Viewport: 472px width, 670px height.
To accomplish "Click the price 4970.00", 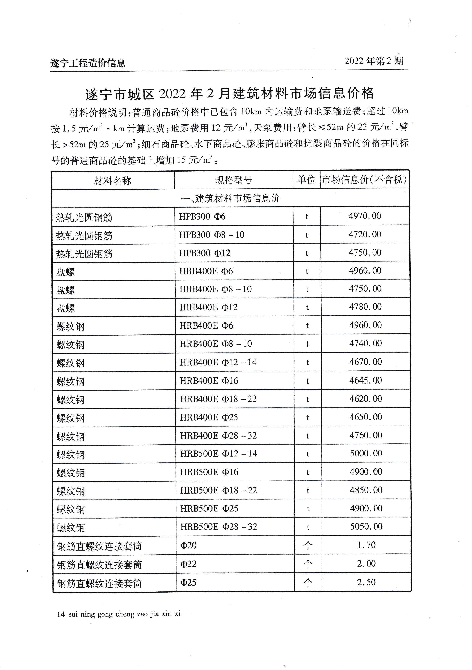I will pos(365,216).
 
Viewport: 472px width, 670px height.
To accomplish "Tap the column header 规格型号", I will pos(233,180).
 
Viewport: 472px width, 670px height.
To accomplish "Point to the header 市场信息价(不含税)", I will pos(364,180).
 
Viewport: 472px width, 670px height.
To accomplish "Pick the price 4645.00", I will pos(365,380).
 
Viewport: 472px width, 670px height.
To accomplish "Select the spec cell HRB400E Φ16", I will pos(209,381).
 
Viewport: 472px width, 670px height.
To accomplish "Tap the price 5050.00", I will pos(366,526).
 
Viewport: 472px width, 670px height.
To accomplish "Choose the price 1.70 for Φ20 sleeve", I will pos(366,545).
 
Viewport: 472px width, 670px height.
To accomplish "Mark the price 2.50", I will pos(366,582).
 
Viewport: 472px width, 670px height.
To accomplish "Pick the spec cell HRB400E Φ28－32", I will pos(218,436).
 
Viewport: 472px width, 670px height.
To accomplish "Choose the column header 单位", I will pos(306,180).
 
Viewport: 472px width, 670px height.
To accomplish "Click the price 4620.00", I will pos(365,399).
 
